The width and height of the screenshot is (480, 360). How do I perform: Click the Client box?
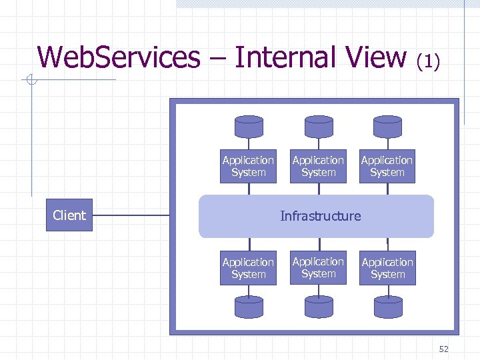click(x=69, y=215)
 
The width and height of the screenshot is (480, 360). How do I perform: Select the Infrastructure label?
click(x=320, y=216)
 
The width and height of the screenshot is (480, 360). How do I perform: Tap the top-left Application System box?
click(x=248, y=166)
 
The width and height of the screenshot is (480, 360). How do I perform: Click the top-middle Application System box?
click(x=318, y=166)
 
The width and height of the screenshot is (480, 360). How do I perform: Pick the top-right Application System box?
click(x=387, y=166)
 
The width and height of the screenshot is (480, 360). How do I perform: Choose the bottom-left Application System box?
click(x=248, y=268)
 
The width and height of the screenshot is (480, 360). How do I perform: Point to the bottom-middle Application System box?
click(x=318, y=267)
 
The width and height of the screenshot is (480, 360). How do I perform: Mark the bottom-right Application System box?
click(x=387, y=268)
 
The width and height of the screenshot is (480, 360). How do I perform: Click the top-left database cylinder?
click(x=249, y=126)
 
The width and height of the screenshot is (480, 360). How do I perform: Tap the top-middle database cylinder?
click(x=318, y=126)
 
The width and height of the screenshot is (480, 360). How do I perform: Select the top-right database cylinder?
click(x=387, y=126)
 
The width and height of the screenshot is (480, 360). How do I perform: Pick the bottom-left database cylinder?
click(x=249, y=307)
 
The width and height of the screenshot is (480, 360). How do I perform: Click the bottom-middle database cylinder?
click(x=318, y=307)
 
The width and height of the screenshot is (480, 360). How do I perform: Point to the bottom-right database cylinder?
click(x=387, y=307)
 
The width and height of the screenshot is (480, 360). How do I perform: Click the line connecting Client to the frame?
click(x=131, y=216)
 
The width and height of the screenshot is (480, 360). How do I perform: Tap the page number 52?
click(x=444, y=349)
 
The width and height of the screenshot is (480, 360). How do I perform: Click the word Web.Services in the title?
click(x=119, y=57)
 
